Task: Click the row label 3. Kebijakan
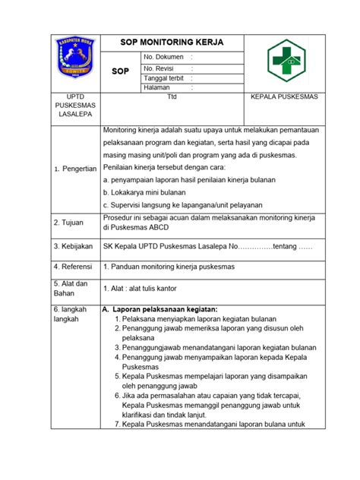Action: (73, 246)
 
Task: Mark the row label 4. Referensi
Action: (74, 267)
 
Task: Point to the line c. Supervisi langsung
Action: (182, 204)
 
